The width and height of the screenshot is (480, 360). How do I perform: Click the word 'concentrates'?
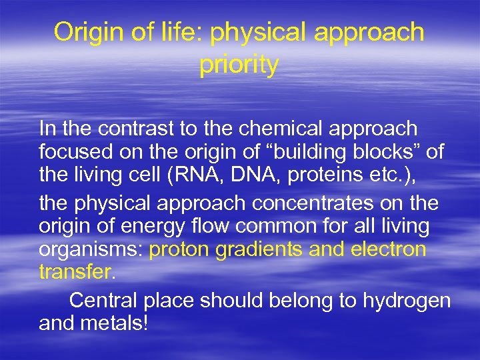click(x=305, y=201)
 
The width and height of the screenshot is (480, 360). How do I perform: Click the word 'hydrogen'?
click(x=407, y=301)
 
